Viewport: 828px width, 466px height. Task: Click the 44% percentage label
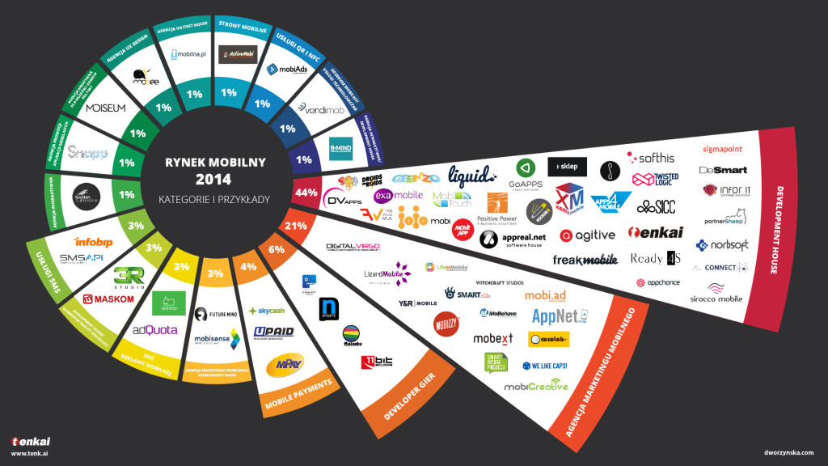(306, 193)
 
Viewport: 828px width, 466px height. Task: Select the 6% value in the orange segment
(277, 250)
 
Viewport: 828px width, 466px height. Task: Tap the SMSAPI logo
(83, 258)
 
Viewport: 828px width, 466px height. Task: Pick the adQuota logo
(155, 330)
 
